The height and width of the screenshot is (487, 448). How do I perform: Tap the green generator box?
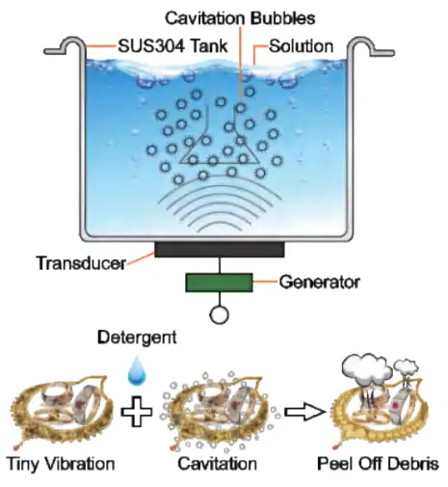[220, 283]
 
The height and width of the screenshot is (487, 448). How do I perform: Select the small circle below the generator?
[220, 314]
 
